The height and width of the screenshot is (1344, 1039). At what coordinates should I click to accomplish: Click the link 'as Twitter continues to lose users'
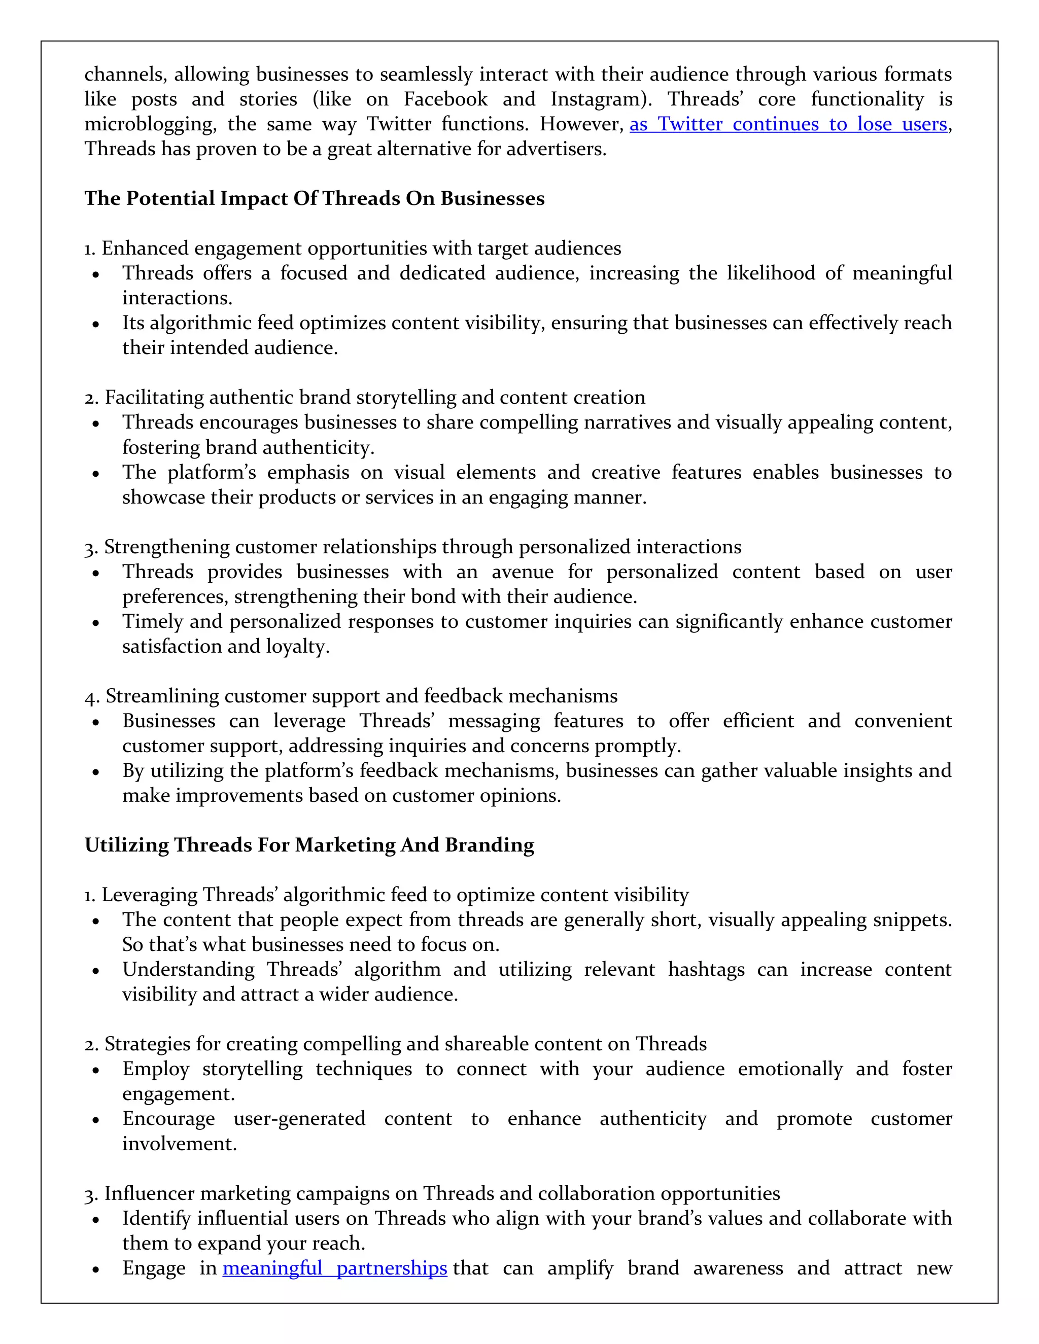click(788, 124)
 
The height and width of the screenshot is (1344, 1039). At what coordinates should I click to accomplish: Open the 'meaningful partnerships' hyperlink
click(335, 1268)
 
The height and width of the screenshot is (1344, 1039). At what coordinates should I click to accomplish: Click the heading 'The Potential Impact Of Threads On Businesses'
click(315, 199)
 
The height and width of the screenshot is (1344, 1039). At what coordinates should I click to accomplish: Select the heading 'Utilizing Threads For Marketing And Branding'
click(309, 845)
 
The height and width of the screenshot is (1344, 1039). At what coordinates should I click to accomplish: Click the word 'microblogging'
click(150, 124)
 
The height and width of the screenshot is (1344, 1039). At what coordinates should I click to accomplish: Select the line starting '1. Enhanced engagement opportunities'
click(353, 249)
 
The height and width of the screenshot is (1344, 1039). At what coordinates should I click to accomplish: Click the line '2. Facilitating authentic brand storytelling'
click(365, 398)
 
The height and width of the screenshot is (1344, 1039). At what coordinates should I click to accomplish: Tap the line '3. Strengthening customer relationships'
click(413, 547)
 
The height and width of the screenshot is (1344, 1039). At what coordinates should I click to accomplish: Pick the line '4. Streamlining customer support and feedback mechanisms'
click(351, 696)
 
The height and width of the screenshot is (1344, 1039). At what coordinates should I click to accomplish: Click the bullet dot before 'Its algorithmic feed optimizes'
click(95, 324)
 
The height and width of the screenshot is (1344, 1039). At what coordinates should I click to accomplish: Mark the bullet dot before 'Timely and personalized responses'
click(95, 623)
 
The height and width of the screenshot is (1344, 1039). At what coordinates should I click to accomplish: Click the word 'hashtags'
click(706, 970)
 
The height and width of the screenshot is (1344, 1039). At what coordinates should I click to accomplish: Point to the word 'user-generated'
click(299, 1119)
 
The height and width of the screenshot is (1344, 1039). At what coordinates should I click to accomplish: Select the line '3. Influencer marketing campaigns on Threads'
click(432, 1194)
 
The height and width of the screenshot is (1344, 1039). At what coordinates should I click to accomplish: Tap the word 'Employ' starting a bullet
click(156, 1070)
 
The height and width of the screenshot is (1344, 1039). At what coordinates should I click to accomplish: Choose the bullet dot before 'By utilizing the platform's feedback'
click(95, 772)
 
